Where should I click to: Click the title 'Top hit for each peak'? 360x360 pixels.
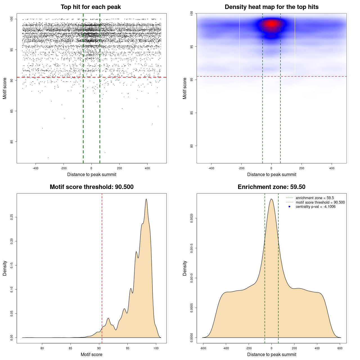point(91,7)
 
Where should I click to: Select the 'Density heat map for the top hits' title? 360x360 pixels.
point(271,7)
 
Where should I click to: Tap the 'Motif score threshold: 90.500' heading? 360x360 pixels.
point(91,187)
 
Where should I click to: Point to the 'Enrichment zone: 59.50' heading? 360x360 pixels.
point(271,187)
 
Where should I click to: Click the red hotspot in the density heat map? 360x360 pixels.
point(271,24)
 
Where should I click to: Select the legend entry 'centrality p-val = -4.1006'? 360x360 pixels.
point(316,207)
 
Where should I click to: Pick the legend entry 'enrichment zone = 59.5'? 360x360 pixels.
point(315,198)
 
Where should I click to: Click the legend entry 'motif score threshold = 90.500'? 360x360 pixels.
point(320,202)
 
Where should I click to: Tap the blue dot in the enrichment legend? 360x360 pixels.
point(289,207)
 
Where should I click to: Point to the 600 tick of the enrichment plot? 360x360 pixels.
point(340,348)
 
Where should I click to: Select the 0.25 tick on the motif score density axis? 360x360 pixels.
point(12,217)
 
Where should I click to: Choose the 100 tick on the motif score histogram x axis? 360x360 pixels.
point(156,348)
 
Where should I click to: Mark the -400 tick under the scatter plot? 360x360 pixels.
point(35,168)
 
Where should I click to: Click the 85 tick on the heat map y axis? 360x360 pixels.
point(192,113)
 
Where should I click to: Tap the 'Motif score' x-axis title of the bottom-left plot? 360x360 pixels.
point(91,354)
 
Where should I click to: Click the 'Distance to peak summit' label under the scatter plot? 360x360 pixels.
point(92,174)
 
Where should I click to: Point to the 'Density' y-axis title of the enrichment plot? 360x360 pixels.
point(185,268)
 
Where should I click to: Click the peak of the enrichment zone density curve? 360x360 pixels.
point(271,199)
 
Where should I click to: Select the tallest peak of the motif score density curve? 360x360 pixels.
point(146,199)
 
